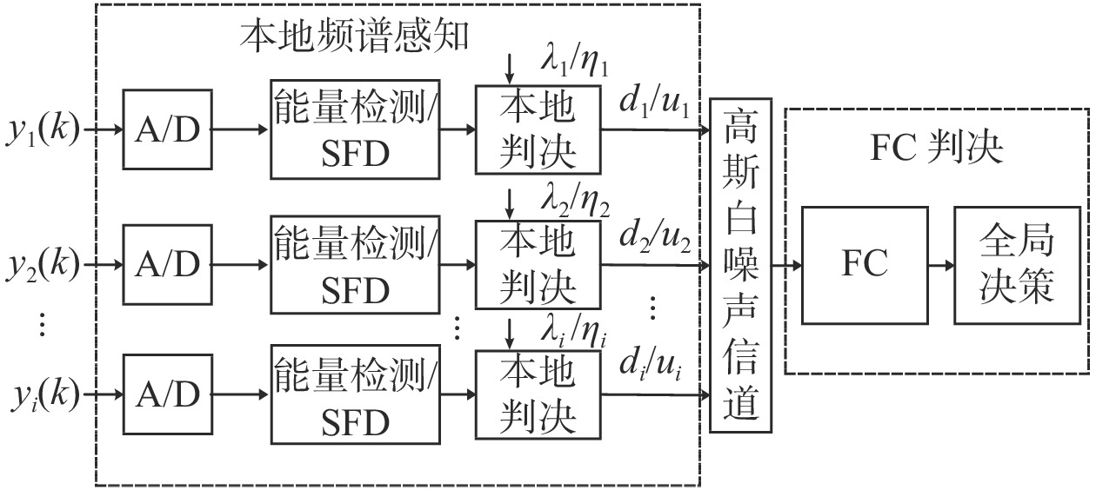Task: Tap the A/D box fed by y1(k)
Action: [x=167, y=129]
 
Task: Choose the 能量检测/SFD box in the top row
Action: [x=356, y=129]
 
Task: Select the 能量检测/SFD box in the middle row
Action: [x=356, y=263]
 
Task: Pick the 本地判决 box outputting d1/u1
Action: [x=538, y=129]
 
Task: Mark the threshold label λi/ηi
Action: [x=575, y=332]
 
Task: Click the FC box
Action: [x=864, y=265]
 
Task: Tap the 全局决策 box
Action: [x=1017, y=265]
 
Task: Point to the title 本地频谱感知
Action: [x=355, y=35]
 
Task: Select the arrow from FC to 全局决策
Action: [x=940, y=265]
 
